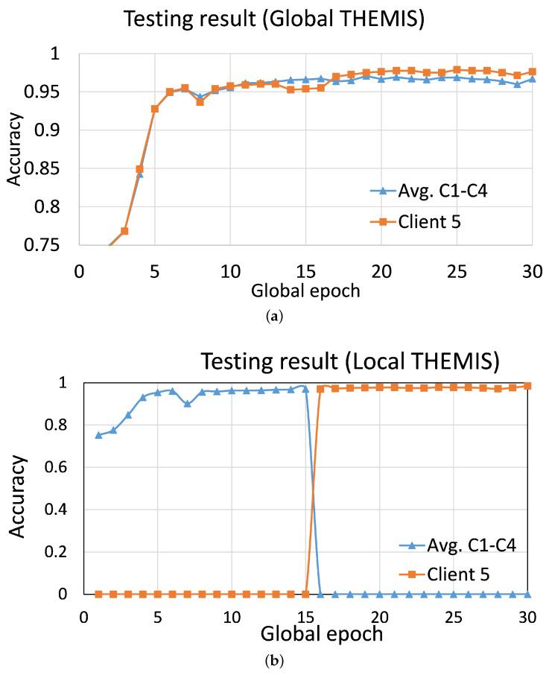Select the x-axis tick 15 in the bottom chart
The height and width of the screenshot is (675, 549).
305,618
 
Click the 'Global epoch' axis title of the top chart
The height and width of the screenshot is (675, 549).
305,291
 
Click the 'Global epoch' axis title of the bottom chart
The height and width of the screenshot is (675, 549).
322,635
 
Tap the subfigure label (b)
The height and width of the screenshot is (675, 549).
275,661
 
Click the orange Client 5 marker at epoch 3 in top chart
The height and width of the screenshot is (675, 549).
124,231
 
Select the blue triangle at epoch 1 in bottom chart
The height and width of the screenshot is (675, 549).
98,435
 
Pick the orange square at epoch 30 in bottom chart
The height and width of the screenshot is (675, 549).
527,386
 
